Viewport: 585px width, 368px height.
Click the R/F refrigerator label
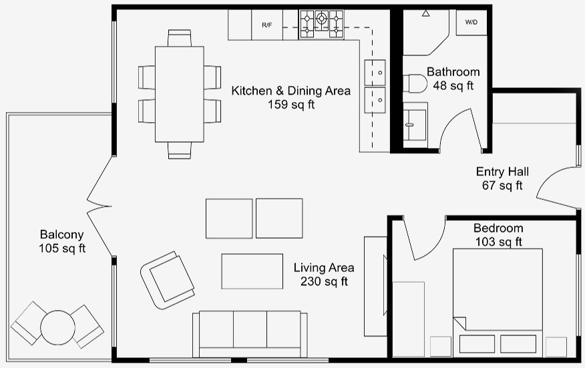click(x=266, y=25)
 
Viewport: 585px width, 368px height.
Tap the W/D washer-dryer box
click(x=471, y=23)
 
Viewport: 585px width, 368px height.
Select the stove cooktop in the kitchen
click(x=321, y=24)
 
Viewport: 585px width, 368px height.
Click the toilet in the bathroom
click(x=415, y=83)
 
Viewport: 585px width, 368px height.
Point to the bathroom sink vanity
click(x=415, y=125)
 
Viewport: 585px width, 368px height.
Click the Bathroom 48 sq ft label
click(x=453, y=79)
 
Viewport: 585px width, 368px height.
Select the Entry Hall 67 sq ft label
click(x=502, y=179)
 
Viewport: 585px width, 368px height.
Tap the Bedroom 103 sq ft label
click(x=498, y=235)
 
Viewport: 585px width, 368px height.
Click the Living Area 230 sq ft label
click(x=324, y=274)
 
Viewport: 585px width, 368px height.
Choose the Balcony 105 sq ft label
click(x=62, y=241)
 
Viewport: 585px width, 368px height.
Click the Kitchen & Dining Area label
click(x=291, y=91)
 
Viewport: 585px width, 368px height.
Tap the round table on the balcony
click(x=58, y=328)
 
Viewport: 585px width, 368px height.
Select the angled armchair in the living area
click(x=167, y=280)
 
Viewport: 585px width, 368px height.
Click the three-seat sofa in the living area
click(x=250, y=334)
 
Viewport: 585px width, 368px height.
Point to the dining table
click(x=180, y=94)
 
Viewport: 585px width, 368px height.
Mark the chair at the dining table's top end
click(x=180, y=38)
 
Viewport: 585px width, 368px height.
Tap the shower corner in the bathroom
click(x=426, y=33)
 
